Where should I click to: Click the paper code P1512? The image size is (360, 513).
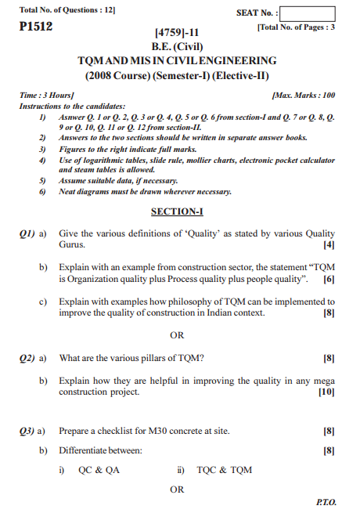(36, 26)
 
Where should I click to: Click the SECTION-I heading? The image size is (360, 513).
(177, 211)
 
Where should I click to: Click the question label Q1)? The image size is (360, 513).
(28, 233)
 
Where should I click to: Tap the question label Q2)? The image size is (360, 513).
(28, 358)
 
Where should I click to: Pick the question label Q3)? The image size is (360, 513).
(28, 430)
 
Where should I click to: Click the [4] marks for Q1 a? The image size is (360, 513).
(329, 245)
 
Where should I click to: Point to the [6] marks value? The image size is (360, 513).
(329, 279)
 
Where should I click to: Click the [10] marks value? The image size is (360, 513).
(326, 392)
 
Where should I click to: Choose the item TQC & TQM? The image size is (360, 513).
(225, 470)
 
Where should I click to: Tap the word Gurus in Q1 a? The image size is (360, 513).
(73, 245)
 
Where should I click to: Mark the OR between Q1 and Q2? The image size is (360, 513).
(177, 335)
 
